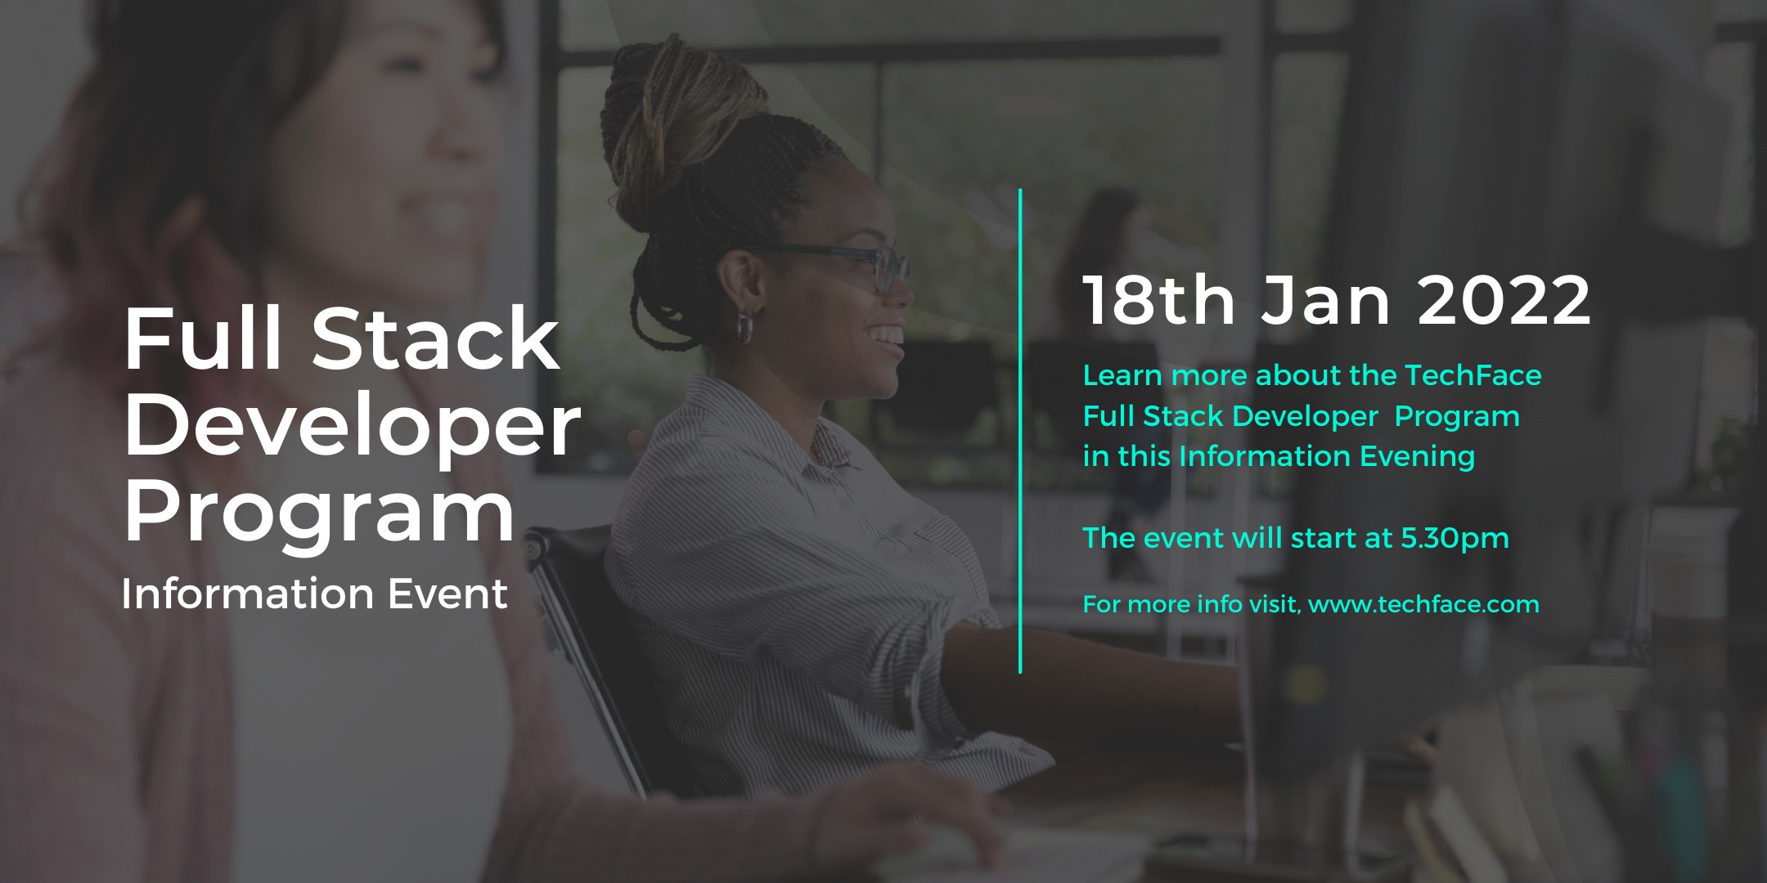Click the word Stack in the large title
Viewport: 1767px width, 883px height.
point(435,338)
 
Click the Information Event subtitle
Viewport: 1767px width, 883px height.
point(315,594)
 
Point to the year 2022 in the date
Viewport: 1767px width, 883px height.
point(1504,300)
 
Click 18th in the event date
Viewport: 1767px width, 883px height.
point(1158,300)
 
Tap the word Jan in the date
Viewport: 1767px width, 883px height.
point(1325,300)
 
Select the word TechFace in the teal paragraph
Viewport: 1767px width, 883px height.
point(1472,375)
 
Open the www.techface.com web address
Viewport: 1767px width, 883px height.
point(1423,604)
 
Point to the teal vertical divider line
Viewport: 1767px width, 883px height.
point(1020,431)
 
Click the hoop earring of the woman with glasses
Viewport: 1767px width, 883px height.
point(745,326)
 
